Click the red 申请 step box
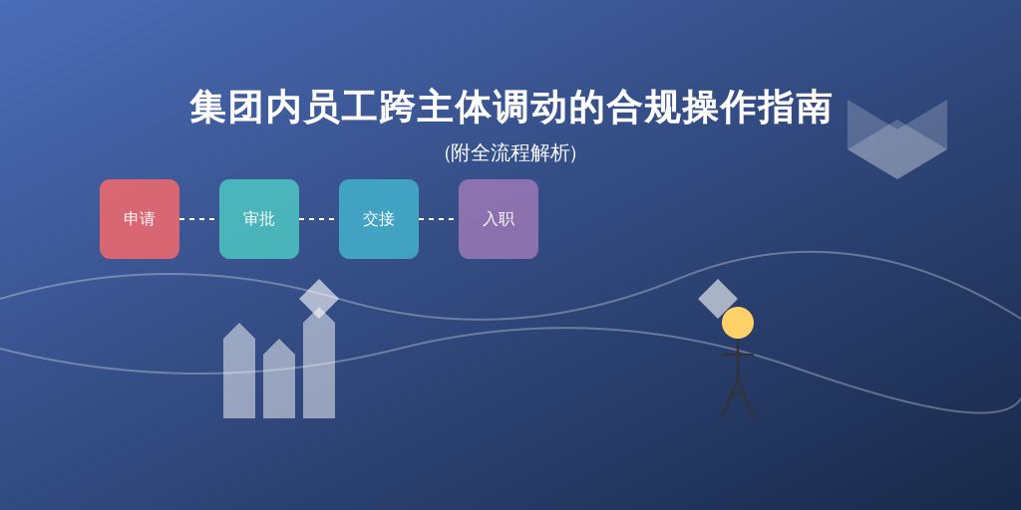pyautogui.click(x=140, y=219)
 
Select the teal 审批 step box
pyautogui.click(x=259, y=219)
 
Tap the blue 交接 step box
pyautogui.click(x=379, y=219)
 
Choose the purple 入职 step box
pyautogui.click(x=499, y=219)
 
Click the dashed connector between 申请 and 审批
pyautogui.click(x=199, y=219)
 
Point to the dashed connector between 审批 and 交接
pyautogui.click(x=319, y=219)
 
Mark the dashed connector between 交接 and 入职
pyautogui.click(x=439, y=219)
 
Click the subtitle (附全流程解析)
pyautogui.click(x=510, y=153)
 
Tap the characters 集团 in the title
pyautogui.click(x=226, y=108)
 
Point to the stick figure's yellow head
pyautogui.click(x=738, y=323)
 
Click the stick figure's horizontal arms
pyautogui.click(x=738, y=355)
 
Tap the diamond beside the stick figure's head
pyautogui.click(x=718, y=299)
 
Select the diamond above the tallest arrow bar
pyautogui.click(x=319, y=299)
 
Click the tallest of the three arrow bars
pyautogui.click(x=319, y=365)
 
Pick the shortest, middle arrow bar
pyautogui.click(x=279, y=380)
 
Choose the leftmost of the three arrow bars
pyautogui.click(x=239, y=372)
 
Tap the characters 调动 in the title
pyautogui.click(x=530, y=108)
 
